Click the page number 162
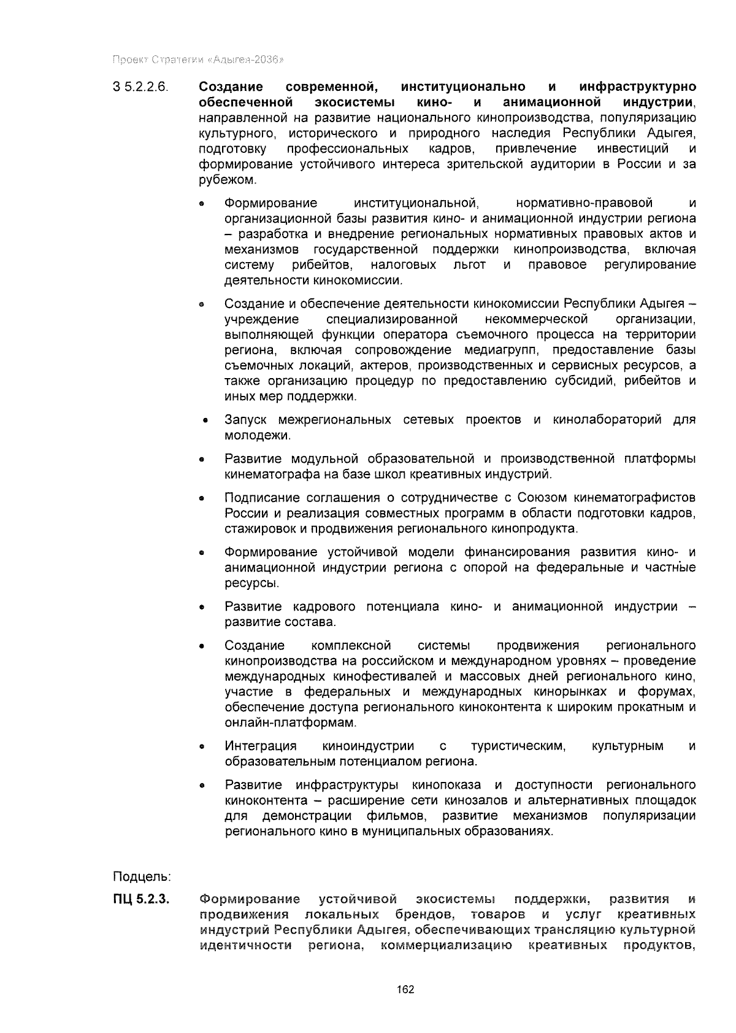click(x=405, y=989)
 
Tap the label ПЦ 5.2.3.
click(x=140, y=900)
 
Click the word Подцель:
click(x=142, y=875)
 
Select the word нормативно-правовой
click(x=585, y=203)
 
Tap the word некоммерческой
click(x=536, y=319)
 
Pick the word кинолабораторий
click(x=607, y=420)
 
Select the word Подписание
click(x=262, y=497)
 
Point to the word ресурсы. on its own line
click(x=243, y=583)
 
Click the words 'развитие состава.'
click(x=271, y=622)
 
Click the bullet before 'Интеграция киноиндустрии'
click(x=201, y=748)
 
